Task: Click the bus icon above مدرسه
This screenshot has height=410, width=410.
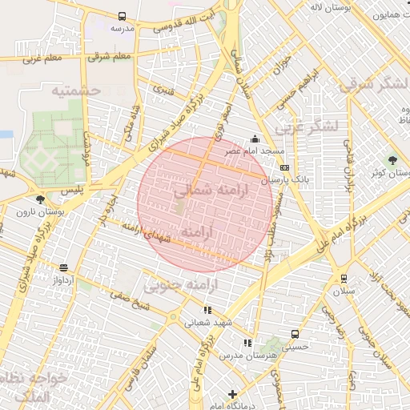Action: tap(122, 16)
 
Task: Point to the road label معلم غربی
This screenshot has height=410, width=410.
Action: tap(42, 58)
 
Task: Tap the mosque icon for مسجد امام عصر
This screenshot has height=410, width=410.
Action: tap(255, 138)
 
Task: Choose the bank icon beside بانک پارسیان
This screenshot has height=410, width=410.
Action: tap(285, 167)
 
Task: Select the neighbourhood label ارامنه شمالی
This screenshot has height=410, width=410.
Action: tap(211, 190)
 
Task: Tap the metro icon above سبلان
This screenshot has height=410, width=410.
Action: tap(344, 278)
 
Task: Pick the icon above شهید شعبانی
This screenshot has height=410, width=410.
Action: tap(207, 310)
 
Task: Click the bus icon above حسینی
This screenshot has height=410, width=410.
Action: tap(295, 334)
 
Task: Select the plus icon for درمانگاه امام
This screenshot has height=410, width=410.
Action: tap(232, 394)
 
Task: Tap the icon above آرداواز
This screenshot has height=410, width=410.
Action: tap(63, 267)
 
